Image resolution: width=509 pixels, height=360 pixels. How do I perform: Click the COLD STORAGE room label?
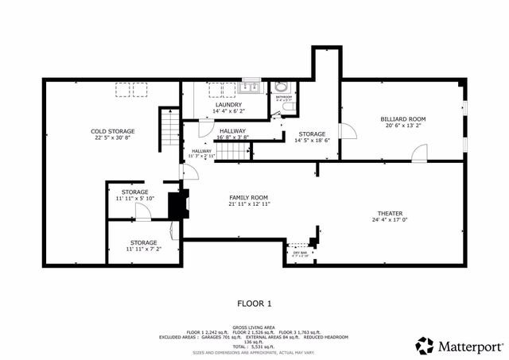112,131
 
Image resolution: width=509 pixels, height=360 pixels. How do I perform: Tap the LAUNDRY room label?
228,104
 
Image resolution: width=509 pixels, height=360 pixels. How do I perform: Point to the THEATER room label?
390,214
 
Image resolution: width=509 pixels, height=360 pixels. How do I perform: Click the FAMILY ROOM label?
249,197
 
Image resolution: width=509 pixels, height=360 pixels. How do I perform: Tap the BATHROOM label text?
283,98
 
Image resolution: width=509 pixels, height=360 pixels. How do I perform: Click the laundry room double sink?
248,87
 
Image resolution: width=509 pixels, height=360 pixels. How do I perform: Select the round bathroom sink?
282,87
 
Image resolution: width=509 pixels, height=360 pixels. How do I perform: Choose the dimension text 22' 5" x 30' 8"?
112,138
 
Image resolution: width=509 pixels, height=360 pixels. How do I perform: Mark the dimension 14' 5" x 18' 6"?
312,141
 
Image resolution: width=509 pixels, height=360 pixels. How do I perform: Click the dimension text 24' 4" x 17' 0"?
390,221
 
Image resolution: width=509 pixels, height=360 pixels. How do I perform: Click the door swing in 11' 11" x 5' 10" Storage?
142,211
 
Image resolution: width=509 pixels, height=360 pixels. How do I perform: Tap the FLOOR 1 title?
254,303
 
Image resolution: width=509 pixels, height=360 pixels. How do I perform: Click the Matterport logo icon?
425,345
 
